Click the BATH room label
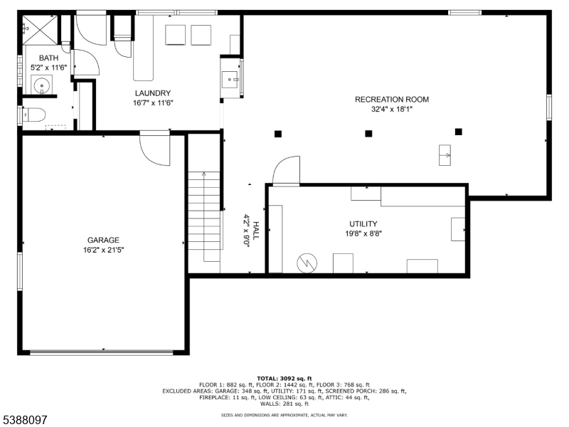click(49, 58)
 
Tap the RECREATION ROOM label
click(392, 100)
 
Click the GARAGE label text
click(103, 241)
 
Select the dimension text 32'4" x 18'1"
click(392, 110)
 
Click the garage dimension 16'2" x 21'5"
click(103, 250)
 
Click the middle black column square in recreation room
click(368, 133)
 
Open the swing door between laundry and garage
click(154, 147)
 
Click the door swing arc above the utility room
click(286, 171)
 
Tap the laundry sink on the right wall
click(231, 78)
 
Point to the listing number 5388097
click(24, 420)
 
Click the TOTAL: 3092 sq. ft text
click(284, 379)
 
